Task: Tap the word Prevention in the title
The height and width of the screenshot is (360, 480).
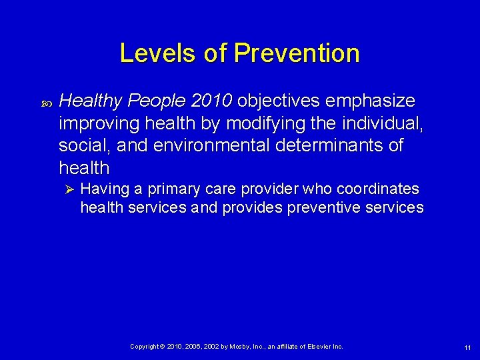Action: click(x=297, y=53)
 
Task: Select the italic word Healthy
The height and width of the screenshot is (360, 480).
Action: click(x=91, y=101)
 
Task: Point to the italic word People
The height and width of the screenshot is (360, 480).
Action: click(x=156, y=101)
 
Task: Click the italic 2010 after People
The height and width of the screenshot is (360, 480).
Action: click(x=211, y=101)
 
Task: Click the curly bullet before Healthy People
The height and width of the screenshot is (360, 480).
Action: click(x=47, y=103)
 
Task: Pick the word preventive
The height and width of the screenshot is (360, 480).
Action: click(x=323, y=207)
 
